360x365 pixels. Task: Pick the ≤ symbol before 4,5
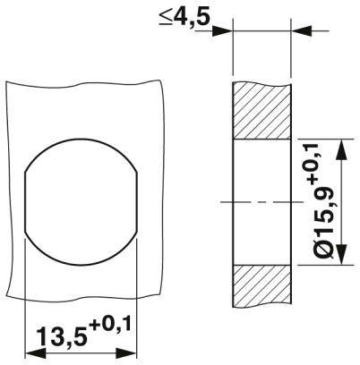[x=166, y=18]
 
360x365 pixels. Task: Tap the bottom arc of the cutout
[x=81, y=263]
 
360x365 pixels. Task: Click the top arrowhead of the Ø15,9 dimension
[x=339, y=143]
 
